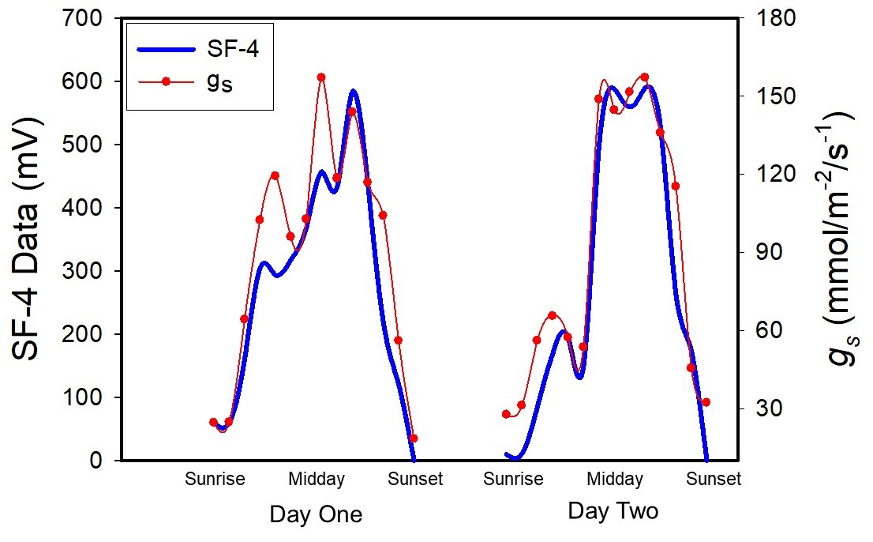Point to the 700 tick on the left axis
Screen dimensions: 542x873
coord(88,18)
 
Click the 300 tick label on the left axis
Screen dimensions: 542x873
coord(88,271)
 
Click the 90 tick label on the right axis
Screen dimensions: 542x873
coord(770,253)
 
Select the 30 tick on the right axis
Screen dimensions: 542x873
coord(770,408)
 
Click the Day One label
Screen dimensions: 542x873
coord(316,514)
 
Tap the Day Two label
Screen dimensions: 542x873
coord(613,511)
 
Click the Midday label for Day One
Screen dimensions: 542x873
coord(316,479)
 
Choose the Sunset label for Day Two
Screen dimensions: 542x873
coord(713,479)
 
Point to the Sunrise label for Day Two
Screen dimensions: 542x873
coord(513,479)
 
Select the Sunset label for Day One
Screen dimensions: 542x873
coord(415,479)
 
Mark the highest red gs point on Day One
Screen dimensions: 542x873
coord(321,77)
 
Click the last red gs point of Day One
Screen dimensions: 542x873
coord(414,438)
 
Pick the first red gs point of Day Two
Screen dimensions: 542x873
coord(506,414)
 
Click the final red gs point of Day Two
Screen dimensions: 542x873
coord(706,402)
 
